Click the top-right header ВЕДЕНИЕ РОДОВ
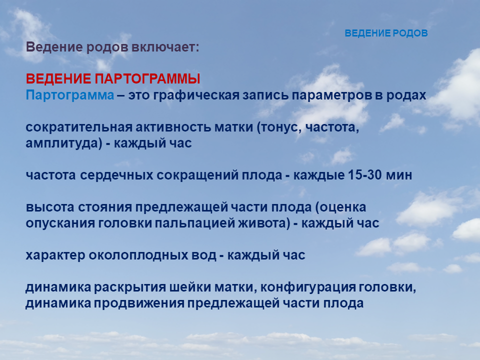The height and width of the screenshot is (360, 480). pyautogui.click(x=386, y=33)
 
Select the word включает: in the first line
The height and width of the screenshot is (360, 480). pyautogui.click(x=165, y=47)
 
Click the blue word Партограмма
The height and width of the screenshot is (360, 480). pyautogui.click(x=70, y=95)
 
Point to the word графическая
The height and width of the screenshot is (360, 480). pyautogui.click(x=196, y=95)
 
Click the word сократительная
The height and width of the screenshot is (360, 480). pyautogui.click(x=79, y=127)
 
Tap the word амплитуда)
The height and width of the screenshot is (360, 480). pyautogui.click(x=64, y=143)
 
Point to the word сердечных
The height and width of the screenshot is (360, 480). pyautogui.click(x=116, y=175)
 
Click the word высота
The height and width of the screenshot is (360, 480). pyautogui.click(x=50, y=207)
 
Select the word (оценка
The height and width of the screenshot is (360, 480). pyautogui.click(x=340, y=207)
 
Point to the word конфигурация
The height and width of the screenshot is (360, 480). pyautogui.click(x=308, y=287)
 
